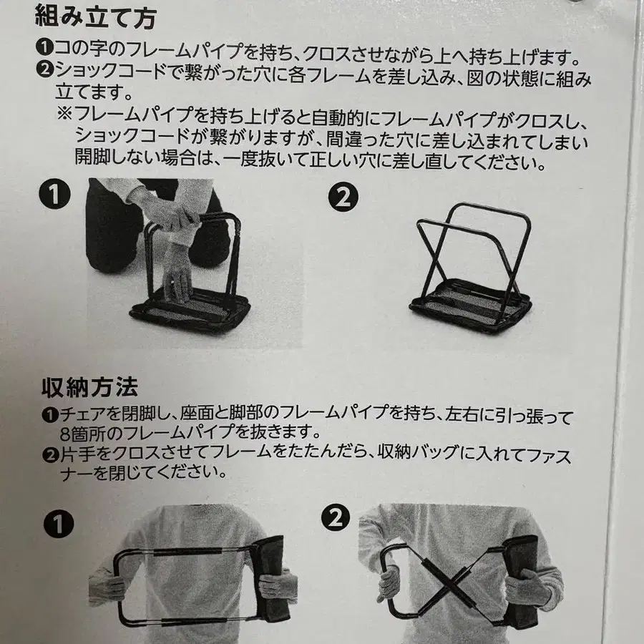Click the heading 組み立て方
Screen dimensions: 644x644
(95, 17)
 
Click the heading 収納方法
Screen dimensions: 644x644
(89, 387)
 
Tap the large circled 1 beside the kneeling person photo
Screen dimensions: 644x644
(54, 194)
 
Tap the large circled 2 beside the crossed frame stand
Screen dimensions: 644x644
(343, 197)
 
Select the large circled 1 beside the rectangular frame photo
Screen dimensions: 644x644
(59, 524)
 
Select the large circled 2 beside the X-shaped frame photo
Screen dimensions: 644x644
(336, 517)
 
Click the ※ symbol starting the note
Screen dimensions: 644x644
(65, 112)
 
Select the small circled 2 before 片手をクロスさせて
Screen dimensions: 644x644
(51, 454)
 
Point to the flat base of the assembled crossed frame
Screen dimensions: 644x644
(471, 307)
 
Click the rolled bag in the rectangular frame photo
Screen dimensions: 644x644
(271, 578)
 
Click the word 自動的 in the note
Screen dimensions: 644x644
(338, 118)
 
